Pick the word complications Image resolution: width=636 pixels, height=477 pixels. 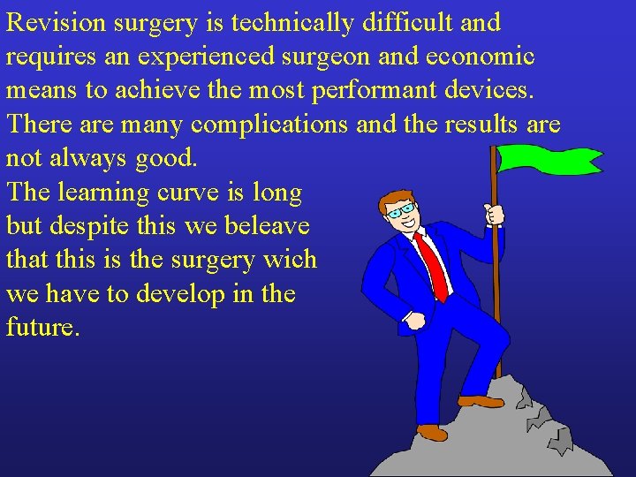pyautogui.click(x=269, y=125)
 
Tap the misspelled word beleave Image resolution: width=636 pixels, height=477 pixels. pyautogui.click(x=266, y=226)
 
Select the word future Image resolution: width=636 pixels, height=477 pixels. pyautogui.click(x=43, y=329)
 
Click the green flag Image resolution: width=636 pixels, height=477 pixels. pyautogui.click(x=548, y=159)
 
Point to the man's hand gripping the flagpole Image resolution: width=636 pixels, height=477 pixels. pyautogui.click(x=495, y=214)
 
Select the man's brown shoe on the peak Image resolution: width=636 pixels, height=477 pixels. pyautogui.click(x=480, y=401)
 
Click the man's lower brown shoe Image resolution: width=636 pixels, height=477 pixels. pyautogui.click(x=432, y=432)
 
